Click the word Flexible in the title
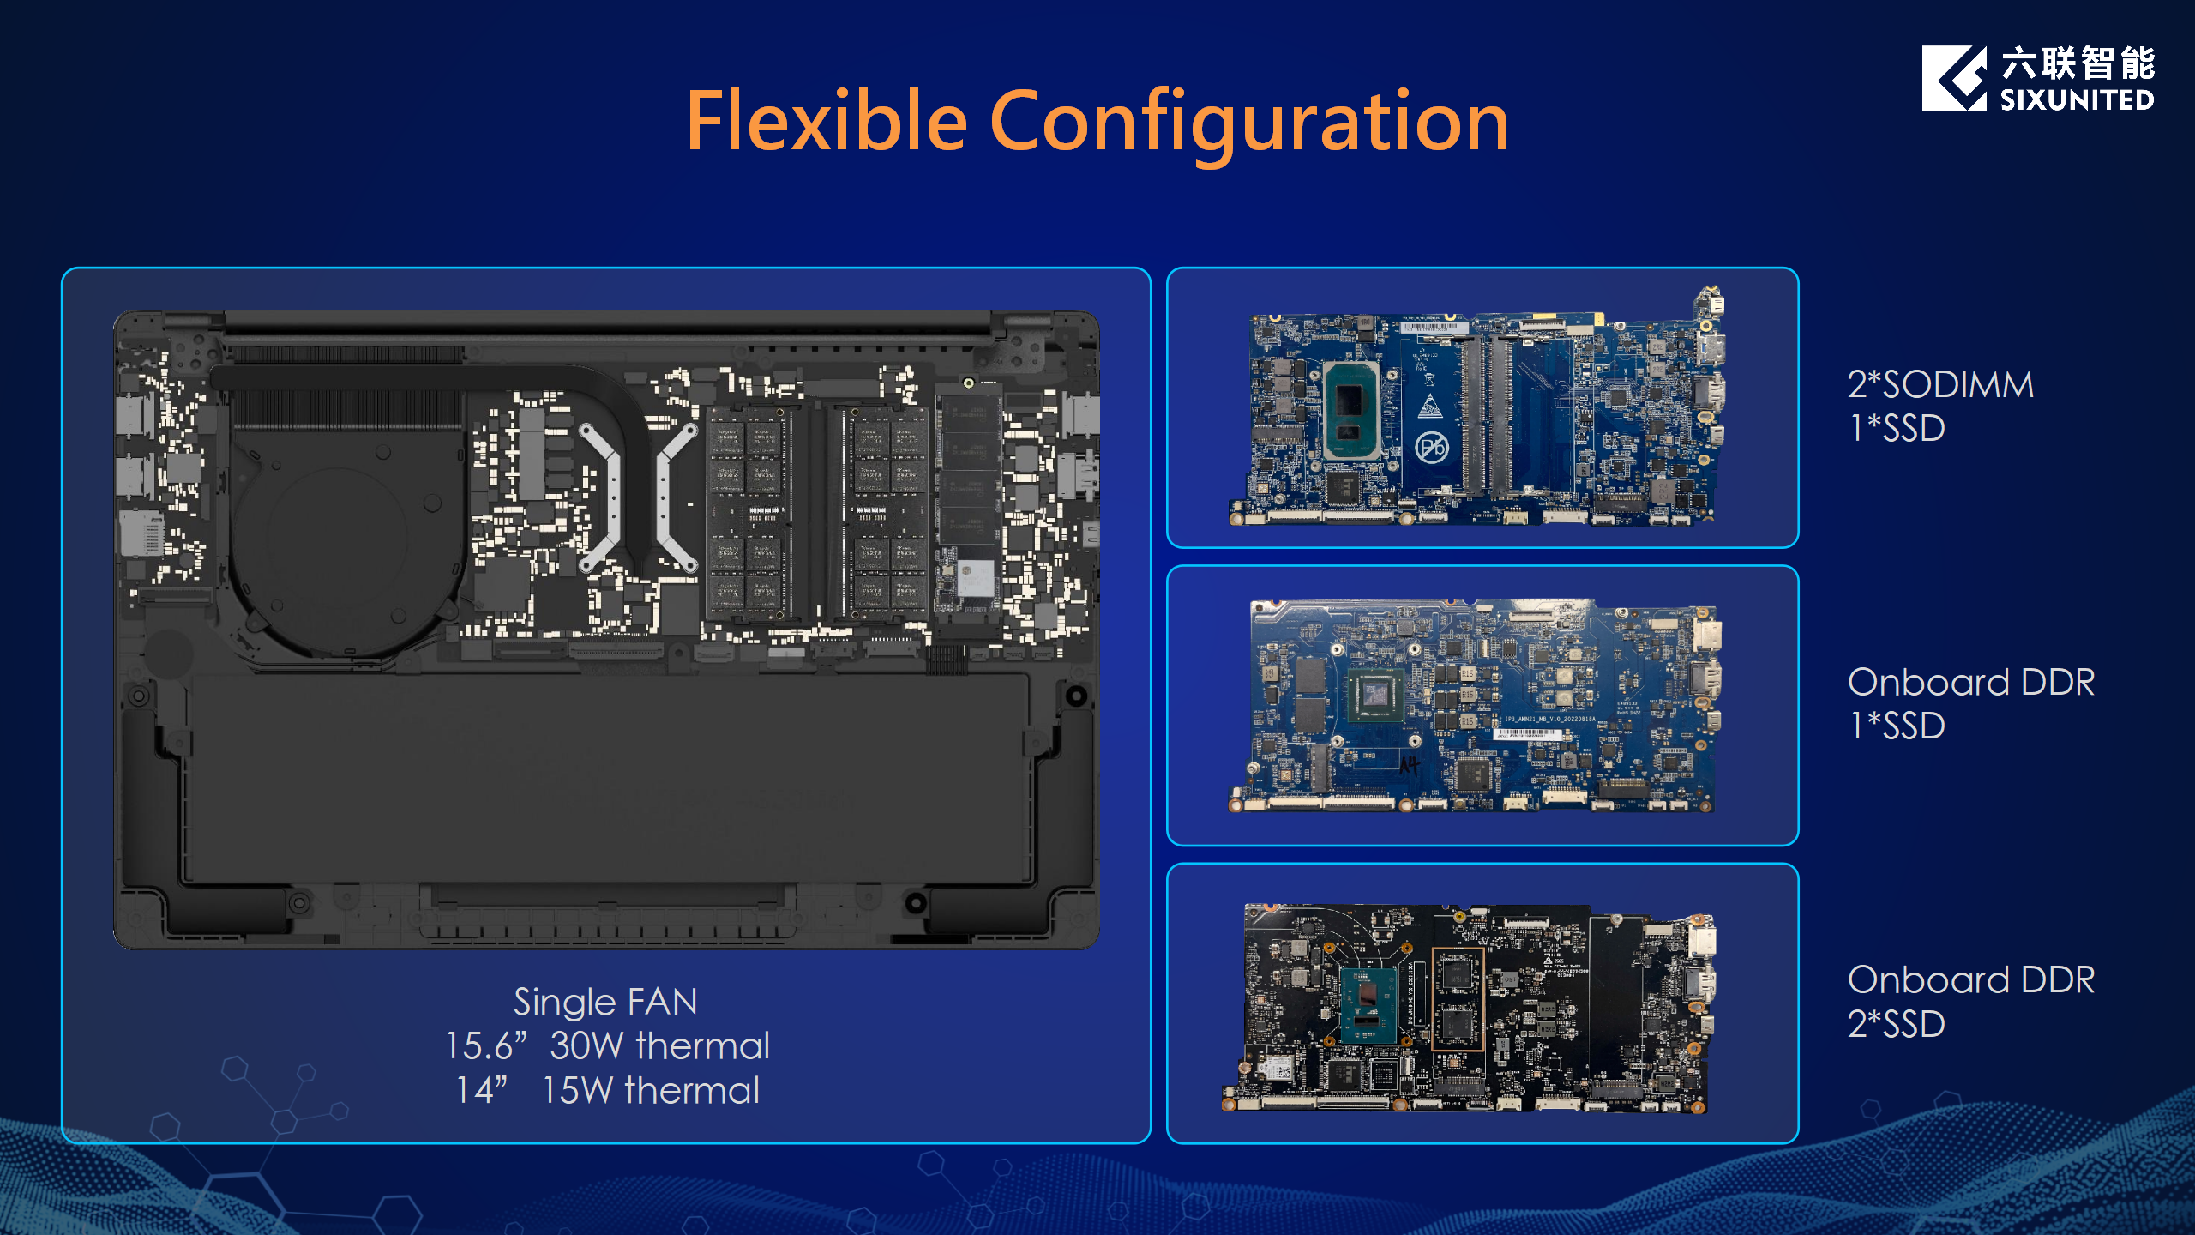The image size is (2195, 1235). pos(827,121)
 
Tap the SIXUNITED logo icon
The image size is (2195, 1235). pos(1954,78)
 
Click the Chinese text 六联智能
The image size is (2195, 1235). pos(2078,63)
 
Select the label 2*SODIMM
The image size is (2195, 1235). pos(1940,384)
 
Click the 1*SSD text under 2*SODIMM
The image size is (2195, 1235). pos(1897,428)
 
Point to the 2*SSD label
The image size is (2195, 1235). pos(1896,1024)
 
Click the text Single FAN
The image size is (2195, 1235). pos(605,1002)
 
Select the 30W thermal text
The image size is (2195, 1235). pos(659,1046)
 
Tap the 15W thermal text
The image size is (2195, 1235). pos(651,1091)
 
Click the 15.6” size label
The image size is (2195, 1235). pos(485,1046)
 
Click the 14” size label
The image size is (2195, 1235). pos(481,1091)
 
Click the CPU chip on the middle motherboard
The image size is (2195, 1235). pos(1375,696)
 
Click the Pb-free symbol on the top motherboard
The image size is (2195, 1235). pos(1431,447)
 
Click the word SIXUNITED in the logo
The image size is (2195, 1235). pos(2078,100)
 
